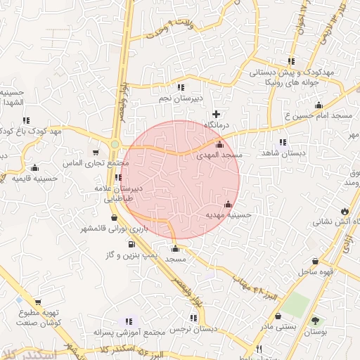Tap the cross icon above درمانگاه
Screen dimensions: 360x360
(x=216, y=113)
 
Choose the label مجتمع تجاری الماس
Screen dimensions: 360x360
(x=102, y=163)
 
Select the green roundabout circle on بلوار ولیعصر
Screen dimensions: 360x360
(x=114, y=145)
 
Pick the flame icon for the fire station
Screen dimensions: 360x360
(x=344, y=210)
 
